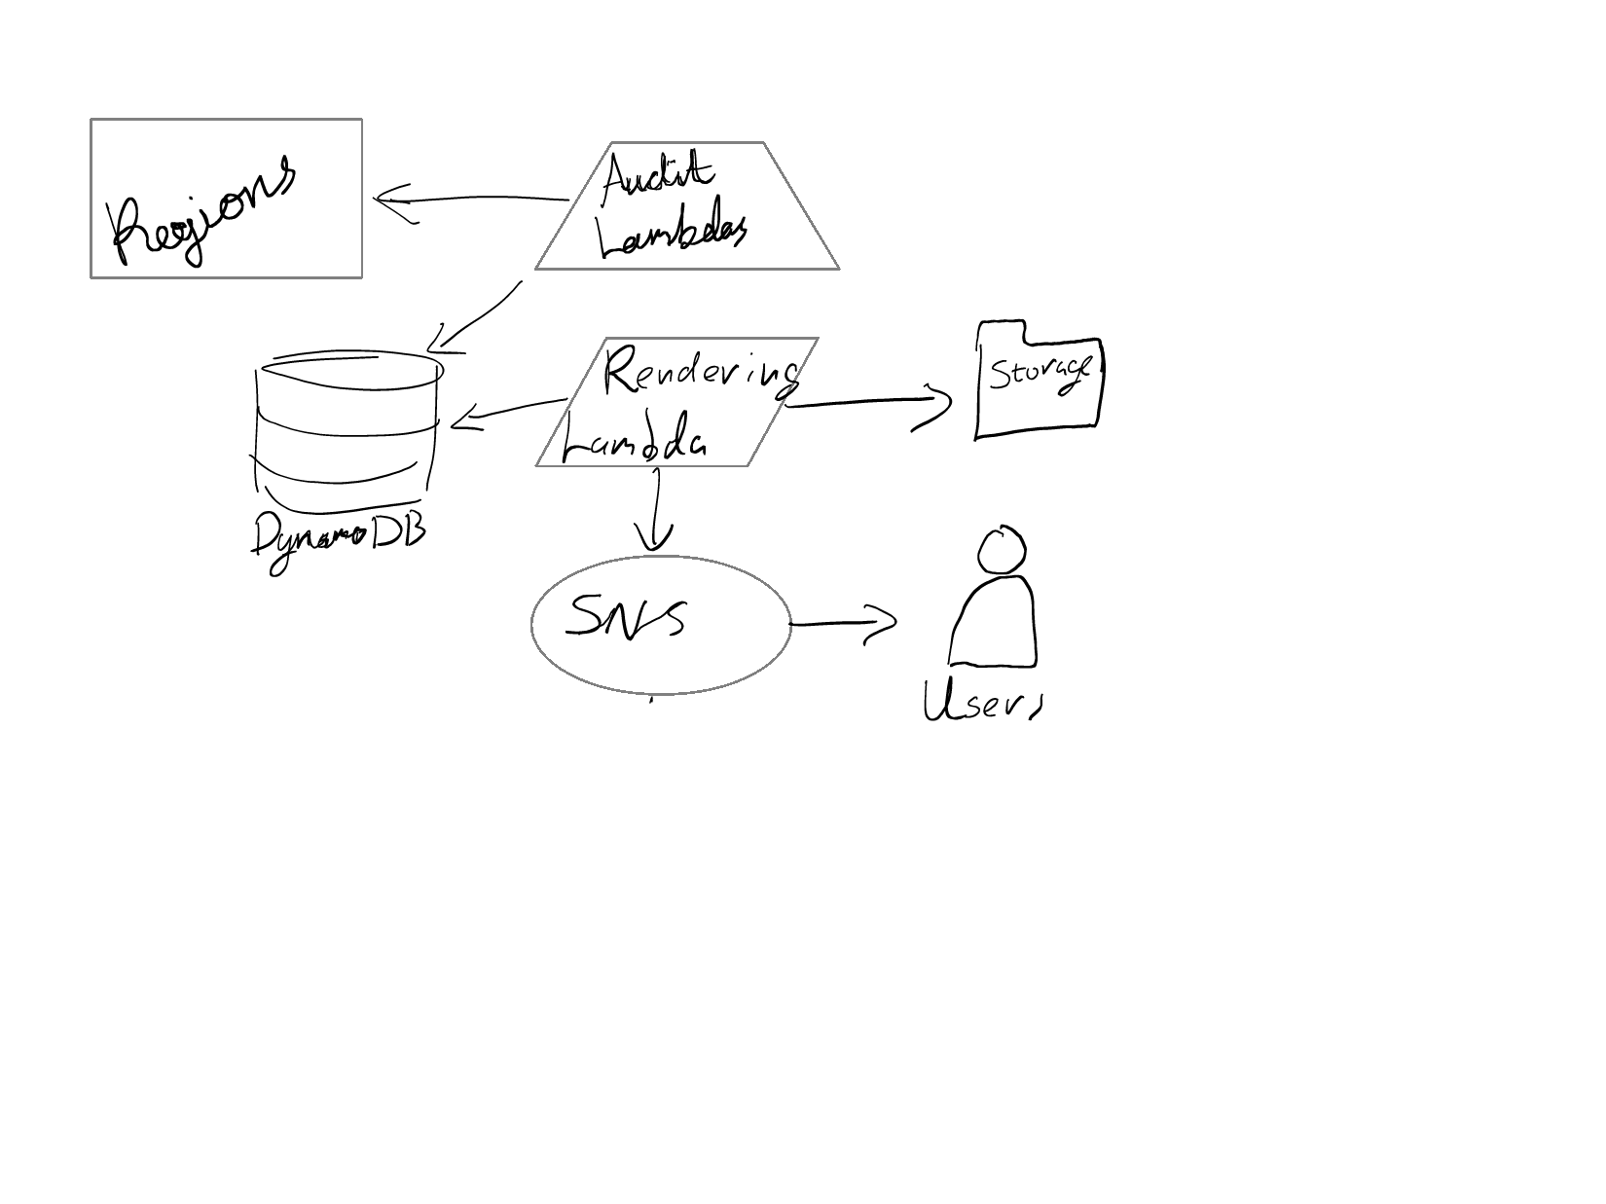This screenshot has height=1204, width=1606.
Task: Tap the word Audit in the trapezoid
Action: (x=658, y=179)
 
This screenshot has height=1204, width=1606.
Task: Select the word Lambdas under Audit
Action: (x=673, y=236)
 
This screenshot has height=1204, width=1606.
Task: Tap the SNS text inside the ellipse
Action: (x=627, y=616)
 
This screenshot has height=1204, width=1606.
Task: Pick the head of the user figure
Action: (x=1002, y=552)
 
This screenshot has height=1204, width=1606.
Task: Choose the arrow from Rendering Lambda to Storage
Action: (x=866, y=403)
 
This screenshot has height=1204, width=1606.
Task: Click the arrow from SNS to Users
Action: (x=843, y=624)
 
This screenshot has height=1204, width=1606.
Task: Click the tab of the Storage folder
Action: (x=1001, y=332)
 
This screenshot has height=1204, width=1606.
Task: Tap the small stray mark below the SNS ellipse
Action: (x=652, y=699)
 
